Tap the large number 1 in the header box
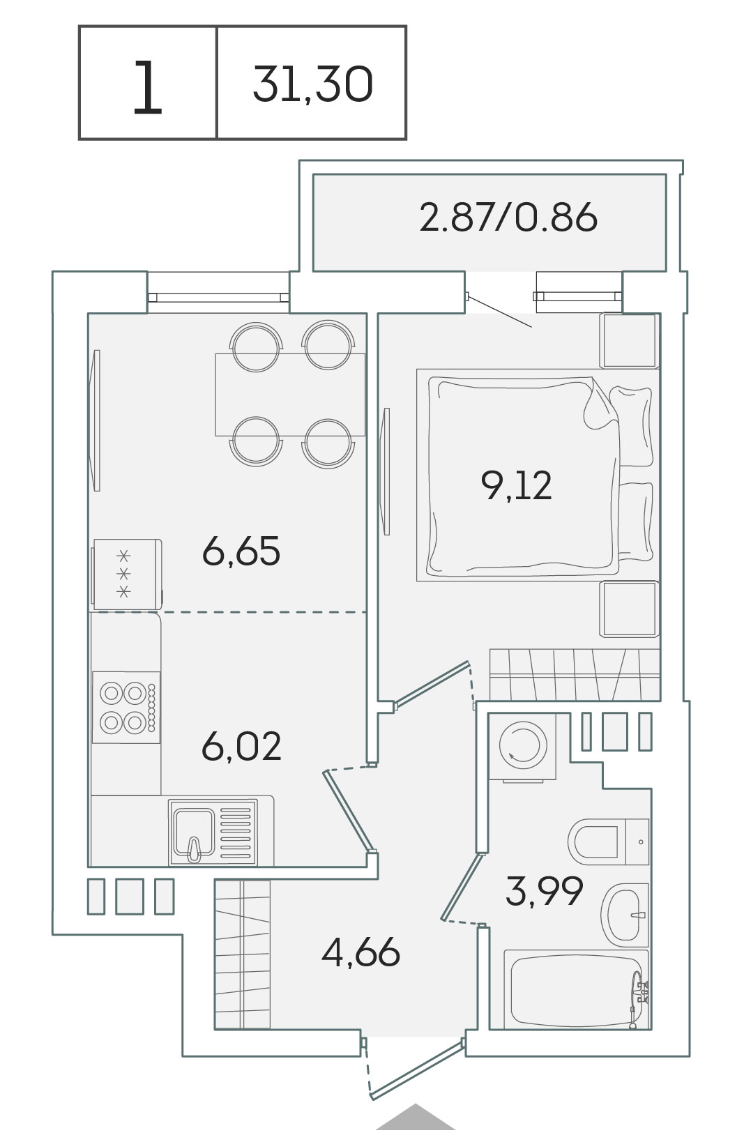coord(147,86)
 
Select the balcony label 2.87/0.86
coord(508,218)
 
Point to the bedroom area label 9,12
coord(516,485)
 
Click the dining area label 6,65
coord(241,551)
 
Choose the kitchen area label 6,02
coord(241,746)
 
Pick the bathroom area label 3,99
coord(544,890)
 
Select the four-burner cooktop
coord(126,707)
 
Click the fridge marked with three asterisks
coord(126,574)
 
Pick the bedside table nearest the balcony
coord(629,340)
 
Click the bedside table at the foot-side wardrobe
coord(629,609)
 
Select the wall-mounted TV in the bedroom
coord(386,471)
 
